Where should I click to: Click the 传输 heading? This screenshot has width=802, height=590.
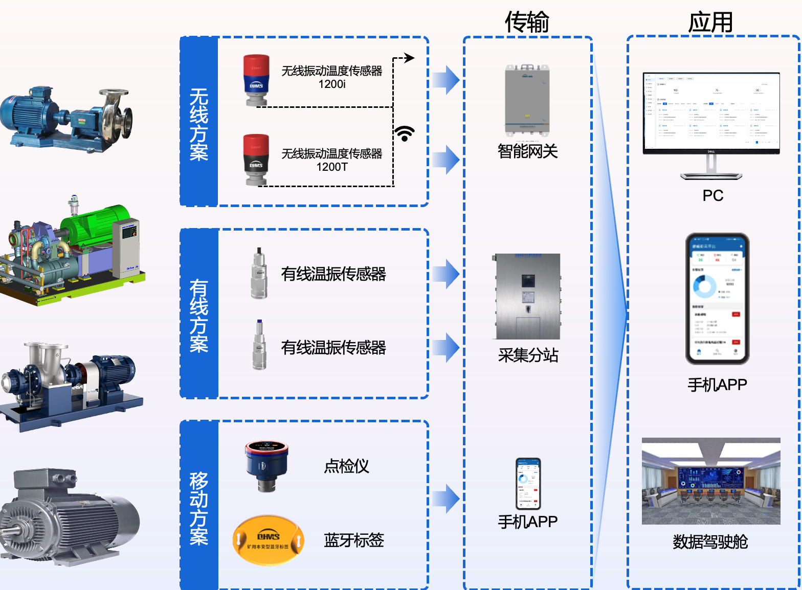[x=527, y=22]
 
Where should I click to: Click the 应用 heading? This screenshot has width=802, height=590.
[x=710, y=22]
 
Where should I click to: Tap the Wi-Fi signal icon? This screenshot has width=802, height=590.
[x=405, y=133]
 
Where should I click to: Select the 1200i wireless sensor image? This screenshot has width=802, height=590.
[x=256, y=80]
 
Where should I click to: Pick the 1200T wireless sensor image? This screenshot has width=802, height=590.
[x=256, y=160]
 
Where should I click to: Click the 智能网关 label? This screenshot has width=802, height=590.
[x=527, y=151]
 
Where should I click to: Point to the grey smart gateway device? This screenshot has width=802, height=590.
[x=527, y=100]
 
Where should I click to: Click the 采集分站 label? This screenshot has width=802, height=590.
[x=528, y=355]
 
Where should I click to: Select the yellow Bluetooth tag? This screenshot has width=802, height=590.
[x=268, y=540]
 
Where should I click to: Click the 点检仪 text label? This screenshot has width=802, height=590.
[x=346, y=466]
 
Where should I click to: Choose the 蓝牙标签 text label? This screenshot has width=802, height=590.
[x=353, y=540]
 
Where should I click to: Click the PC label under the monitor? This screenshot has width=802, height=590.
[x=712, y=195]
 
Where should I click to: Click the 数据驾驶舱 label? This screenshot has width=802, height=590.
[x=710, y=541]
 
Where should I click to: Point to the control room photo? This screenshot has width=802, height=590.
[x=711, y=481]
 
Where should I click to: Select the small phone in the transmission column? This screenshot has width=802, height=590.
[x=528, y=483]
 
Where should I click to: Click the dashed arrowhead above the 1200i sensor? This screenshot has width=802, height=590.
[x=409, y=58]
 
